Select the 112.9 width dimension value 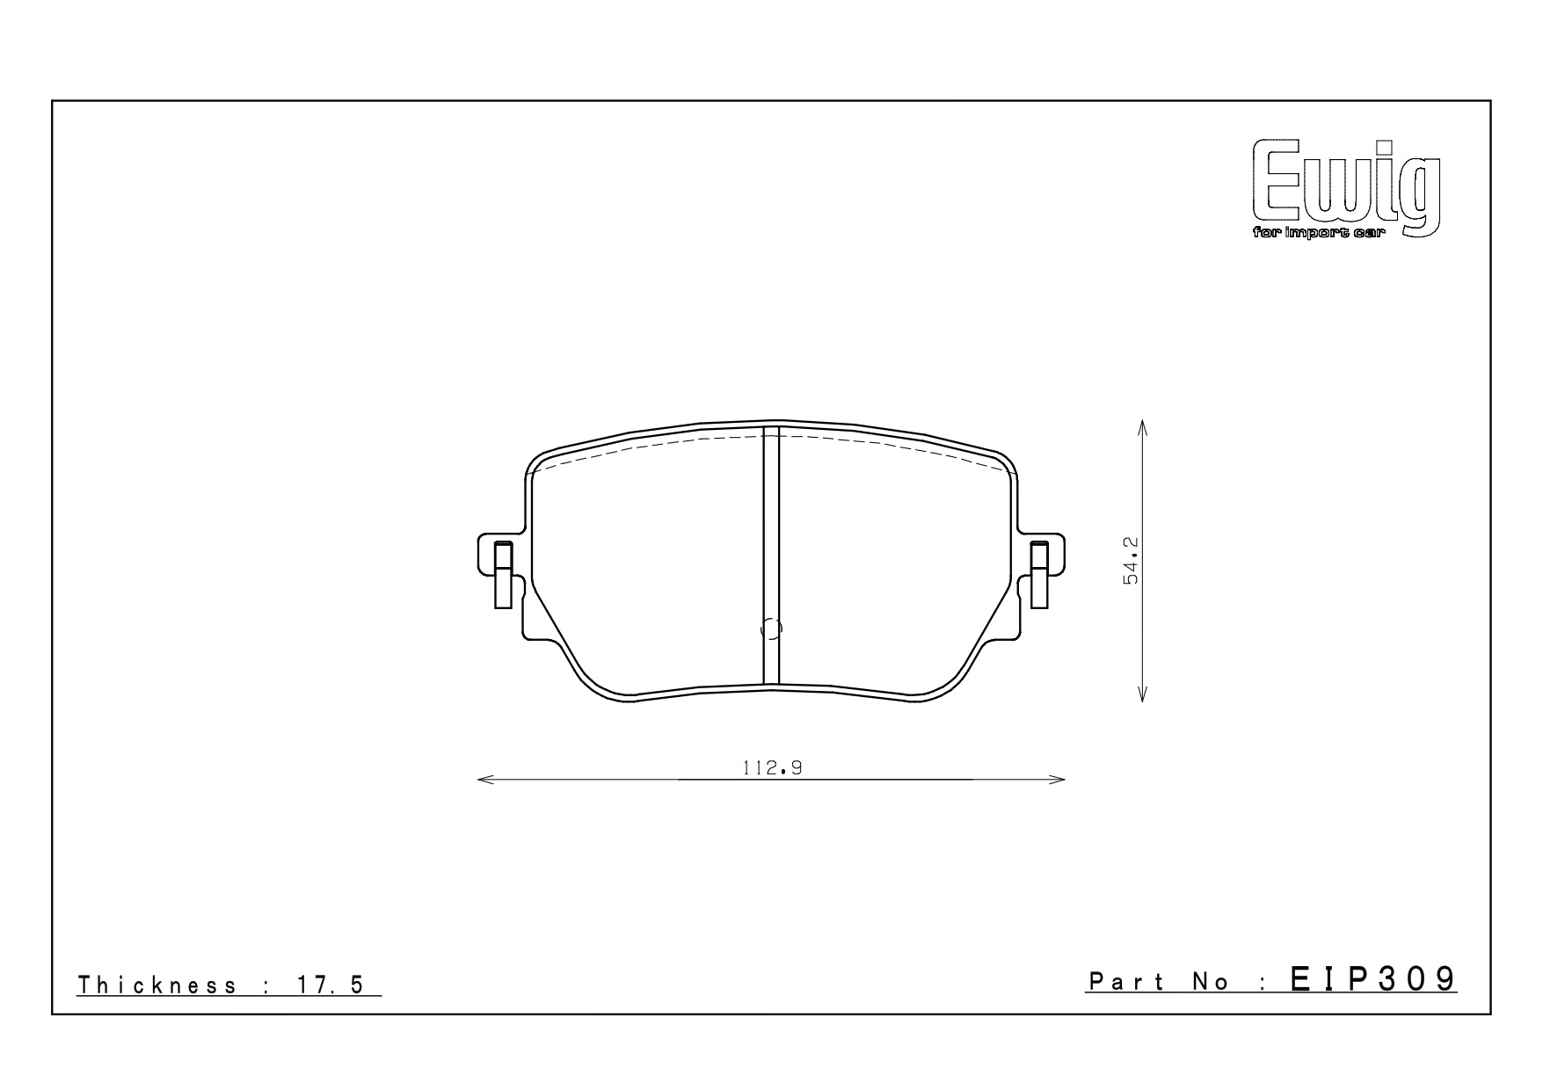click(772, 767)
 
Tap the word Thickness click(156, 985)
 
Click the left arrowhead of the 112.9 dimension click(481, 780)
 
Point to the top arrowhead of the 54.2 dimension click(1142, 425)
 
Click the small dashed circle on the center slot click(770, 629)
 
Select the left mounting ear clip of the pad click(503, 575)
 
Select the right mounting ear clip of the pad click(1039, 575)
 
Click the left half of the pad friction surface click(646, 563)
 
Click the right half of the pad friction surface click(897, 563)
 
